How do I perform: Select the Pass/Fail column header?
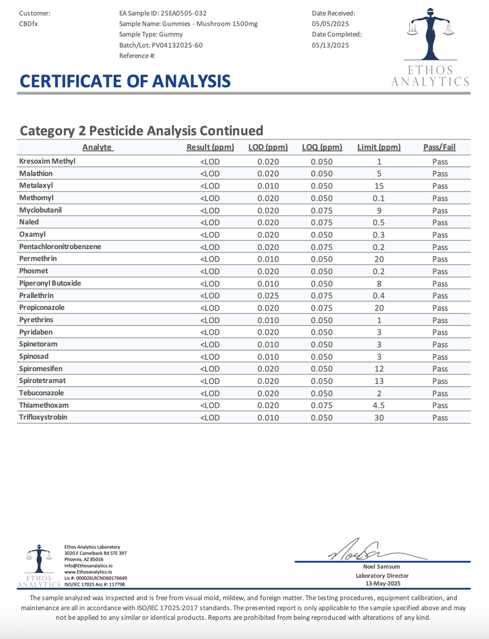click(x=439, y=147)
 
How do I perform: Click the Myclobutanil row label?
click(x=40, y=210)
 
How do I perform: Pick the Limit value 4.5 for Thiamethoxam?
click(x=379, y=405)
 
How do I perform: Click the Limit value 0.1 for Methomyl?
click(x=379, y=198)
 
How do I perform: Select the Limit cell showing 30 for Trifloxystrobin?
click(x=379, y=418)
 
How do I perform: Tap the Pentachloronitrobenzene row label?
click(x=60, y=247)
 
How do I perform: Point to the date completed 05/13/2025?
click(x=331, y=45)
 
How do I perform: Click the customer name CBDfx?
click(x=29, y=24)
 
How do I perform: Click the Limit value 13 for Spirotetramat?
click(x=379, y=381)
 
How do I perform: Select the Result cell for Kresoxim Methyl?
click(x=210, y=162)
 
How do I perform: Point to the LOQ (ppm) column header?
click(x=322, y=147)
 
